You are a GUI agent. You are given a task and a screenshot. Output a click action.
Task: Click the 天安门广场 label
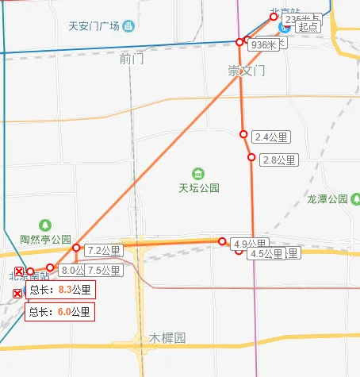[94, 26]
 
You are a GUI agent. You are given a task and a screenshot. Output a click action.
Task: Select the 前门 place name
[132, 59]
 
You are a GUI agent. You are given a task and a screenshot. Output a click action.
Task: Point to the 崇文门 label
[247, 71]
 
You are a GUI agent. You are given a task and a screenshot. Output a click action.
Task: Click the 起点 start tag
[308, 26]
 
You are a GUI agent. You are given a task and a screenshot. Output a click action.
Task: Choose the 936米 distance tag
[263, 45]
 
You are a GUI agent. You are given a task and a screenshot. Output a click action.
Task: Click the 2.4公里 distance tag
[272, 137]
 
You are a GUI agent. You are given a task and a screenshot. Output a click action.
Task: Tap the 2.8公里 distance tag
[278, 160]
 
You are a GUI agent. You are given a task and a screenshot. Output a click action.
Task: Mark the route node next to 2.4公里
[243, 133]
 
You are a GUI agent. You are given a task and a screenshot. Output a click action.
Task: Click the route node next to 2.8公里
[251, 158]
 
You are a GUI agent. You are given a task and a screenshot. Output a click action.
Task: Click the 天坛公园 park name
[198, 188]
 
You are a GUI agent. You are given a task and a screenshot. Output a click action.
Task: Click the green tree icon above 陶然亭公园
[45, 225]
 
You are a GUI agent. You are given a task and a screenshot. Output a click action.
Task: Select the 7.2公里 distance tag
[103, 251]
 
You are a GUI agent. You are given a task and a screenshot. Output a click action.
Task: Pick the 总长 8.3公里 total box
[60, 290]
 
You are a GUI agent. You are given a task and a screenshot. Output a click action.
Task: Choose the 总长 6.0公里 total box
[60, 312]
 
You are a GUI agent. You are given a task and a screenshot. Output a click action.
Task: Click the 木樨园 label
[167, 338]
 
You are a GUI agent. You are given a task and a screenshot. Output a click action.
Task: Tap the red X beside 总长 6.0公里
[17, 295]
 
